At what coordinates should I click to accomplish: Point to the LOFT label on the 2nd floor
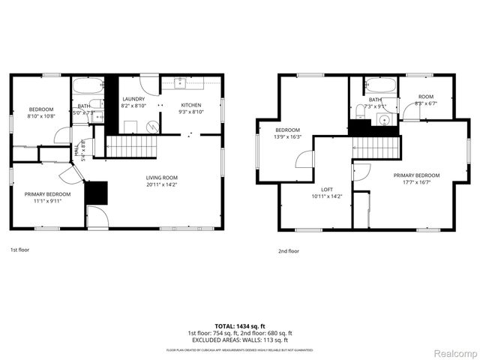coord(326,189)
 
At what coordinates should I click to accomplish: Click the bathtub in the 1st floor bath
coord(87,85)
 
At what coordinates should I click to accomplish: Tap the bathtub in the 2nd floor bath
coord(374,85)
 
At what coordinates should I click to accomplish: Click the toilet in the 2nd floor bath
coord(361,110)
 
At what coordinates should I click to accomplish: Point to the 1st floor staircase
coord(130,146)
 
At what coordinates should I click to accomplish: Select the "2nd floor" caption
coord(287,251)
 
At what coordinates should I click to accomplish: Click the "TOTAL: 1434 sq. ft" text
coord(239,325)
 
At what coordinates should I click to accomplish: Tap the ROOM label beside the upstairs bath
coord(425,96)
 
